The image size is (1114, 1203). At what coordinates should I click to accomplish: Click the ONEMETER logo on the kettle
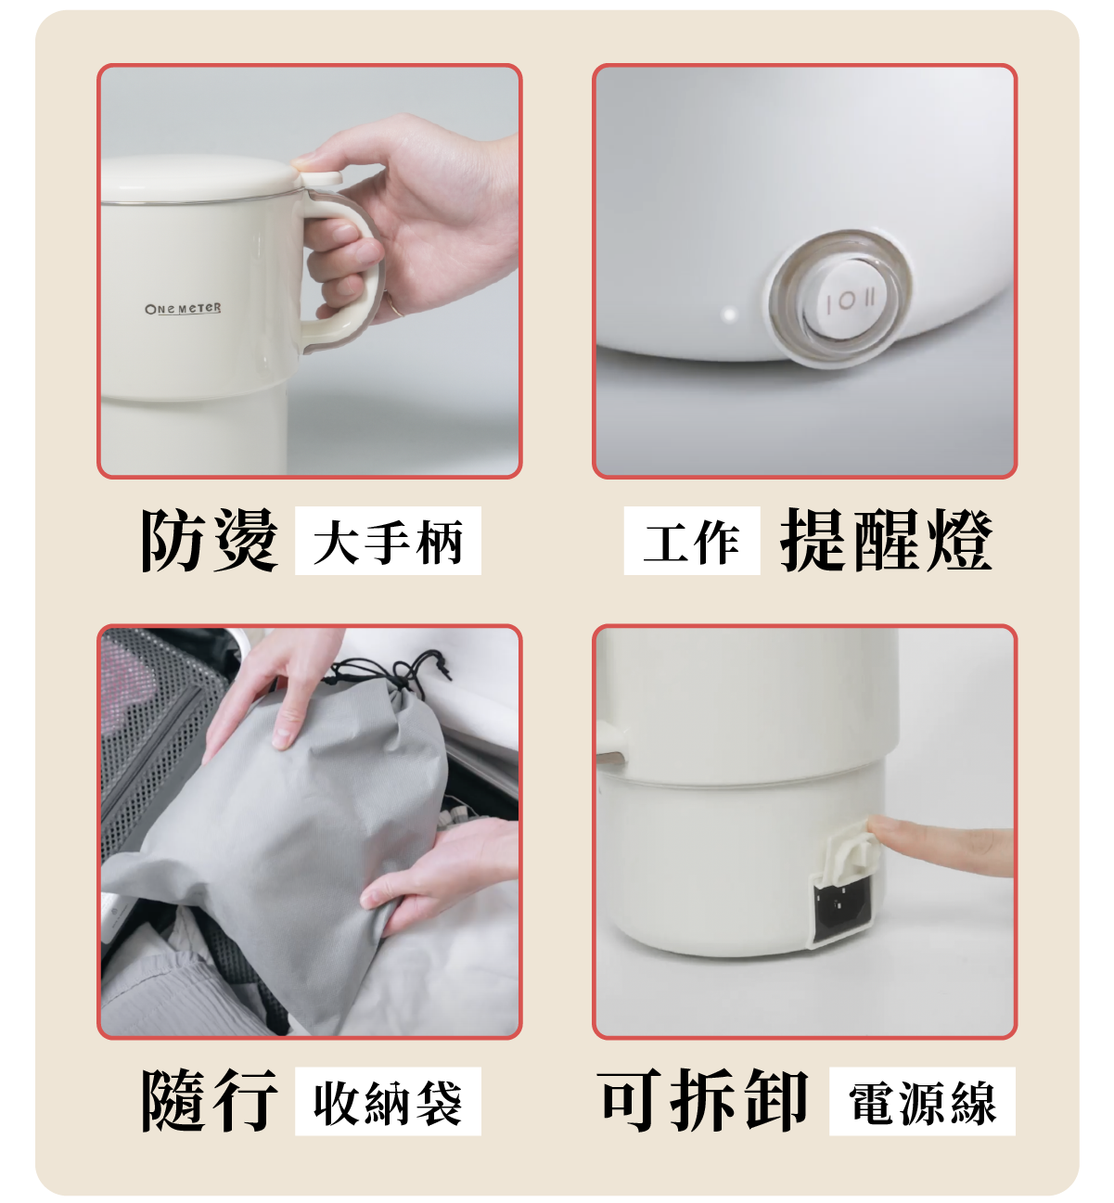183,308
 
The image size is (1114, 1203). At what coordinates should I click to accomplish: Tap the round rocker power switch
841,298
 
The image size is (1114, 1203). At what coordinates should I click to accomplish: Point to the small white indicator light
730,314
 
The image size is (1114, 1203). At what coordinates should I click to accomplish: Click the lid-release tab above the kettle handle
320,179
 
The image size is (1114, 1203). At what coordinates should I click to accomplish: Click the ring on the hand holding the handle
396,307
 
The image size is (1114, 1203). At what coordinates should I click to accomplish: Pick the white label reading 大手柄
388,541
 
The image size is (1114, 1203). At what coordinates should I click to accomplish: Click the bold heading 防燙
210,540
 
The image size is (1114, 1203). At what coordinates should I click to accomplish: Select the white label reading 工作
692,541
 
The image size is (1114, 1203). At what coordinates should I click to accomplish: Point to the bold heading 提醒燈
886,540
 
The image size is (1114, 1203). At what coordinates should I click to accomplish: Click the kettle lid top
200,177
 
